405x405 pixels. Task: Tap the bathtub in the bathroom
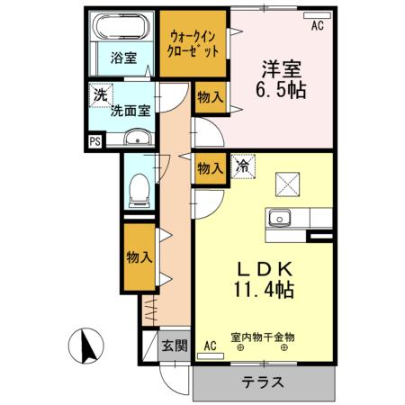point(123,31)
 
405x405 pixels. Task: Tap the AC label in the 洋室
point(316,27)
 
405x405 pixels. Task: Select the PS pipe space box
point(94,140)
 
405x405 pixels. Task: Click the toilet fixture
point(138,186)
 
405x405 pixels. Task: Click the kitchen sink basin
point(279,218)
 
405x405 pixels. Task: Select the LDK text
point(262,269)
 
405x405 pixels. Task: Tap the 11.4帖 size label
point(262,292)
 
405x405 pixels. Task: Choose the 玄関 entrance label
point(175,345)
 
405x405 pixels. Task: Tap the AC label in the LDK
point(210,346)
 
